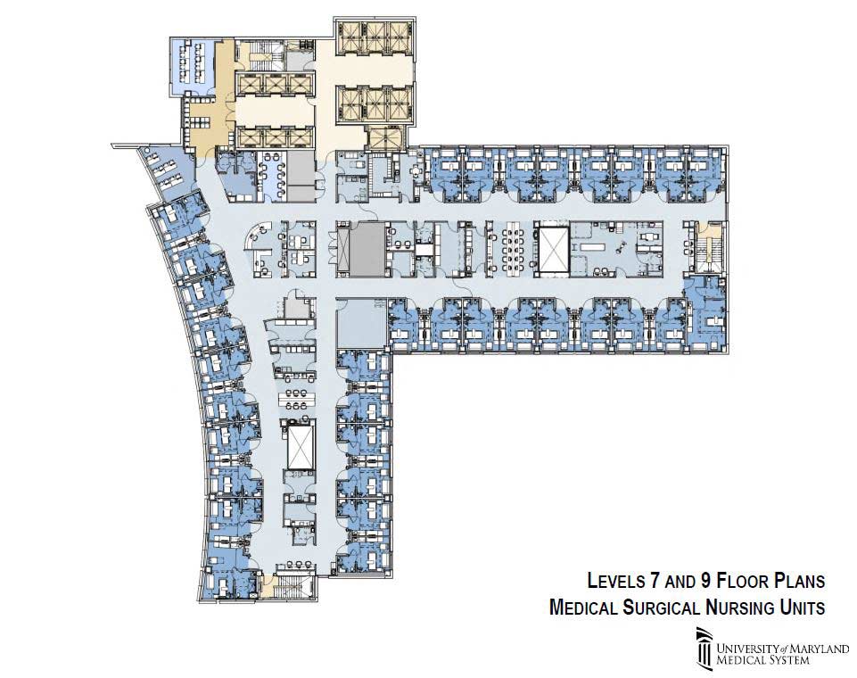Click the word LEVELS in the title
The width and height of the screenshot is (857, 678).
615,580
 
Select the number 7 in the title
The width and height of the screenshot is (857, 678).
655,580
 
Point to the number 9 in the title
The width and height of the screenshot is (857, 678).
705,580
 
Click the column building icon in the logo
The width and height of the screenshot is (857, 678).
705,649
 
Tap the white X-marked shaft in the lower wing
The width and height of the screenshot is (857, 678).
299,445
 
